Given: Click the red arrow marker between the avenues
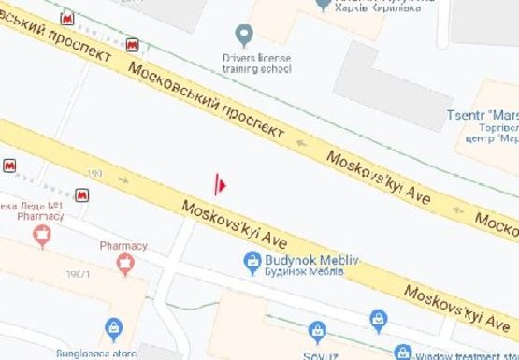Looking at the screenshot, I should (x=220, y=184).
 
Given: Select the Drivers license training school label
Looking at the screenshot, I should (x=256, y=63).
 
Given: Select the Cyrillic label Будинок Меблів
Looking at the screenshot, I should (x=304, y=271).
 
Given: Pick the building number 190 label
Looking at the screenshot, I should (x=94, y=174).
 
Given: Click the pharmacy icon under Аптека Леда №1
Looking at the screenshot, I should (x=41, y=237).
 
